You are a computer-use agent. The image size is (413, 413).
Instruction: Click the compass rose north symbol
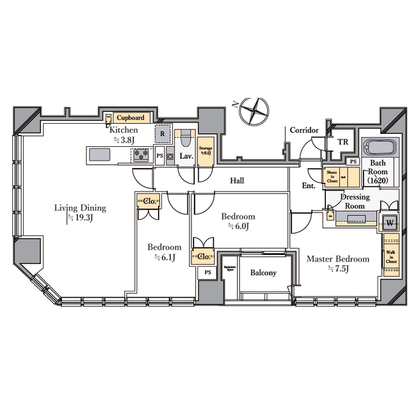[x=252, y=110]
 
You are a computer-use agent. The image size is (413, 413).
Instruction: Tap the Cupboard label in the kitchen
[x=131, y=118]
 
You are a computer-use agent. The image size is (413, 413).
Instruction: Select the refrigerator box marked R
[x=163, y=134]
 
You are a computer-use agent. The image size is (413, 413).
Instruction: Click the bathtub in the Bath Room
[x=380, y=148]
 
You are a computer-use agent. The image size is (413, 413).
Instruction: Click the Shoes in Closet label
[x=332, y=177]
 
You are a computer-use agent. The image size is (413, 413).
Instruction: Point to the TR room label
[x=343, y=142]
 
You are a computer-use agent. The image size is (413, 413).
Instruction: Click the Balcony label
[x=263, y=273]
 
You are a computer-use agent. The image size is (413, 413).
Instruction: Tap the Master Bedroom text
[x=338, y=259]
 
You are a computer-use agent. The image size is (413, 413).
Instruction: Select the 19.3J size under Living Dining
[x=79, y=218]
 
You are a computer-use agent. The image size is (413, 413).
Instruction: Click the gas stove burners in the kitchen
[x=140, y=154]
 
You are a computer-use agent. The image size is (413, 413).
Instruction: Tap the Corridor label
[x=304, y=131]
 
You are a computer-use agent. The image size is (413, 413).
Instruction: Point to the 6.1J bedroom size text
[x=164, y=258]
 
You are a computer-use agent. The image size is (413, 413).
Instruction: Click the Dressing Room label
[x=355, y=201]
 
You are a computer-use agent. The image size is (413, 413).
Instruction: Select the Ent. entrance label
[x=308, y=185]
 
